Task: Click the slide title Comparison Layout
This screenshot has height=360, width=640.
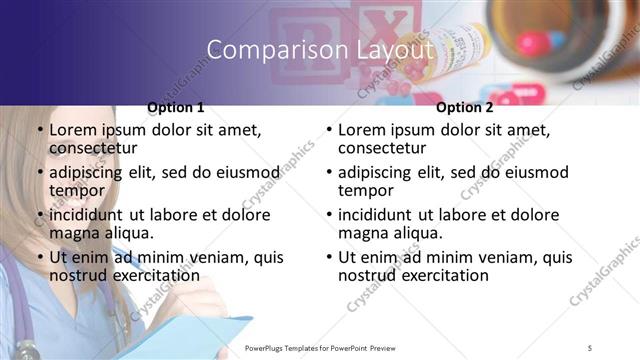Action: [x=320, y=50]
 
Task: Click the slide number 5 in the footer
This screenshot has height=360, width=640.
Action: [x=590, y=348]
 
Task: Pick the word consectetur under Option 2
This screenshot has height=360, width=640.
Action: [x=382, y=148]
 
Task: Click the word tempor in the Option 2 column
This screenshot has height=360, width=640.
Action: [x=366, y=191]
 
